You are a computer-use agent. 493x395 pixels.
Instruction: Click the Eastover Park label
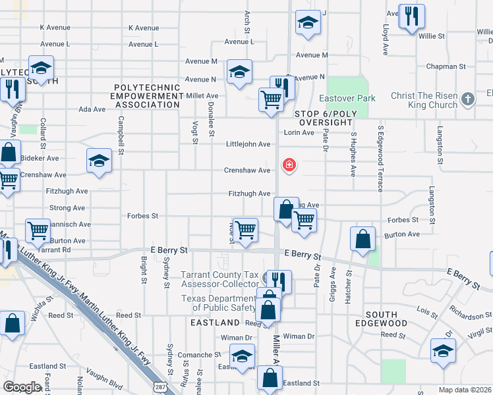347,99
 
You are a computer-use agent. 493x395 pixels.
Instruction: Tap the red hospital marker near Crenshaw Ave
289,165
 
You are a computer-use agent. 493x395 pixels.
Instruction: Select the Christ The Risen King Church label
424,100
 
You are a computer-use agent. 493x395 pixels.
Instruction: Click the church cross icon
468,99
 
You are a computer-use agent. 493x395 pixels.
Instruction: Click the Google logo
22,387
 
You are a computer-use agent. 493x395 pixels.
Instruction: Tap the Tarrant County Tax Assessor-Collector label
220,279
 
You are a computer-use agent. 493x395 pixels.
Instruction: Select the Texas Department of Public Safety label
218,303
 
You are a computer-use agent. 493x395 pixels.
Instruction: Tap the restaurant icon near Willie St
413,16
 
